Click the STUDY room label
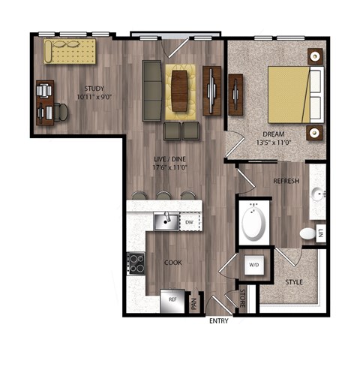[93, 88]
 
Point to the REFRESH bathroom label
[286, 181]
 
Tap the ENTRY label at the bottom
[220, 321]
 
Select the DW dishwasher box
[189, 221]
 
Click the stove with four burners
[136, 263]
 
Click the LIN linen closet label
[320, 233]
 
